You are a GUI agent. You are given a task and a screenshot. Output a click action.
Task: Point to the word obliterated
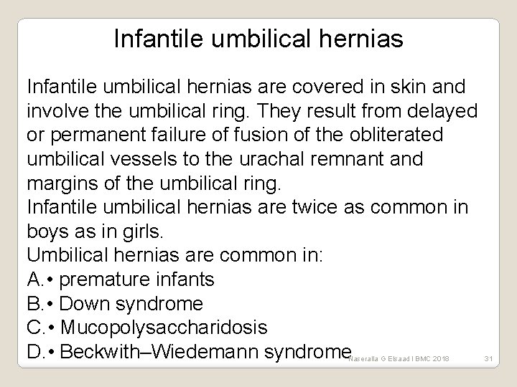coord(385,135)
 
